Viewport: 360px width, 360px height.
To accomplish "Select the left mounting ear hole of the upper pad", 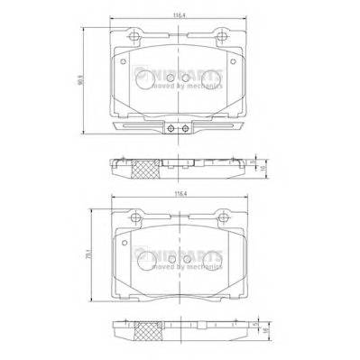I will click(134, 38).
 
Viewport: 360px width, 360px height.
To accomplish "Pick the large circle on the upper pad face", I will click(143, 79).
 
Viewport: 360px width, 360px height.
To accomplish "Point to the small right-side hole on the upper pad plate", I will click(233, 62).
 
